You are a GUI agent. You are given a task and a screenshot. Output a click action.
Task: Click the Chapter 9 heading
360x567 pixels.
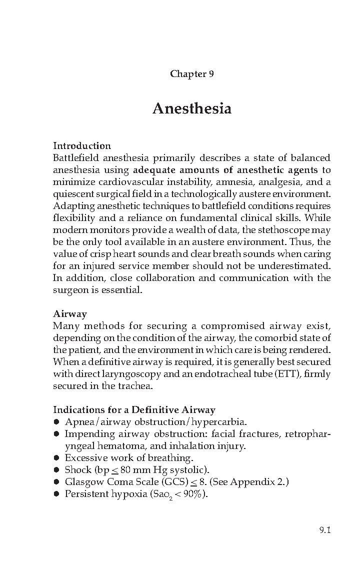192,74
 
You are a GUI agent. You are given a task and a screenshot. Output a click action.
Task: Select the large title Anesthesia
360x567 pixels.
192,108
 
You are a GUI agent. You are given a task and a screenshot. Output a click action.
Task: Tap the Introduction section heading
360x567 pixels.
82,146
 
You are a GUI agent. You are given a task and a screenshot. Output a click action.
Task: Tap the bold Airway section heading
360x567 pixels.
70,314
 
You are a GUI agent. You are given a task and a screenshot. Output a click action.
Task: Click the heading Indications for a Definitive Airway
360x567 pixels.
134,410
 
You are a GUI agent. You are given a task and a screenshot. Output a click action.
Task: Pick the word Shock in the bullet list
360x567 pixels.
78,470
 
